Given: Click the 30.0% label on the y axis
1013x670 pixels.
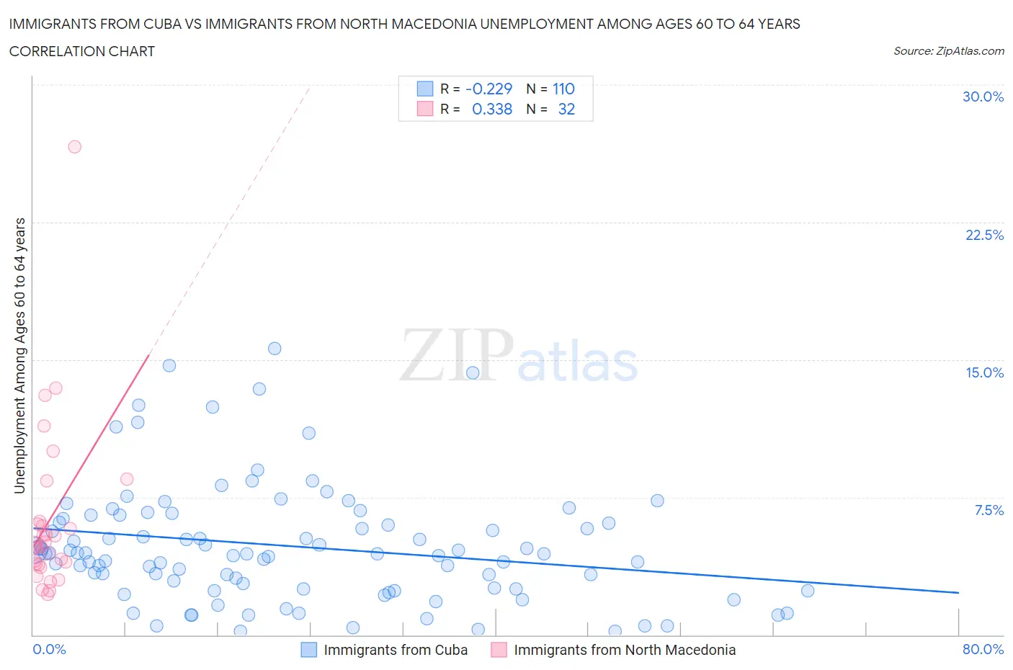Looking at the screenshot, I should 983,97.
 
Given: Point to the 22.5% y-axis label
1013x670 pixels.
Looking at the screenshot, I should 984,235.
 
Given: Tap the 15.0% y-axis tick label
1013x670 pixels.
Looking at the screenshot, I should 984,372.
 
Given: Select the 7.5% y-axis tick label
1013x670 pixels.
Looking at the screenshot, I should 989,510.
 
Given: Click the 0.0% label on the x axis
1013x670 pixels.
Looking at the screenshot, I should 49,649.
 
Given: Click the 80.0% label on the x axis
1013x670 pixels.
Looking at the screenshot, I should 983,649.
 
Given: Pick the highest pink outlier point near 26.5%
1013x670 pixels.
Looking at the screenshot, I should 74,146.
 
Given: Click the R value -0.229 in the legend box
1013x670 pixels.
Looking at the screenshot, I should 488,89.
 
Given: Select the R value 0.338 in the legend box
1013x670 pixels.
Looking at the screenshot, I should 491,109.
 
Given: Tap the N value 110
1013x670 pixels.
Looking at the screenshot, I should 563,89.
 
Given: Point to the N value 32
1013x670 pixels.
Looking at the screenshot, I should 566,109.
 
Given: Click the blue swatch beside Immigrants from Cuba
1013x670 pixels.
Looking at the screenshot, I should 308,650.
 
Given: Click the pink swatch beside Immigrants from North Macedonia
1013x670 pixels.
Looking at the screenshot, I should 499,650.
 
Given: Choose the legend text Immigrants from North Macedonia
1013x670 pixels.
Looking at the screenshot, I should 625,650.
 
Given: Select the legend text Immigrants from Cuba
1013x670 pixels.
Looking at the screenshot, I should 396,650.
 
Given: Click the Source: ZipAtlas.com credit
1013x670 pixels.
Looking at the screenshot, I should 948,50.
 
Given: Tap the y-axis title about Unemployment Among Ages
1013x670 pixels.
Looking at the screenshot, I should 19,356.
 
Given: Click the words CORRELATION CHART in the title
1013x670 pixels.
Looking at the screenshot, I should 82,51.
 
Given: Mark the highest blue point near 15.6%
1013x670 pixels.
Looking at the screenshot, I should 275,348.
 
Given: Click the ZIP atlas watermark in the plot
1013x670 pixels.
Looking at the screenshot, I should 519,356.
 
